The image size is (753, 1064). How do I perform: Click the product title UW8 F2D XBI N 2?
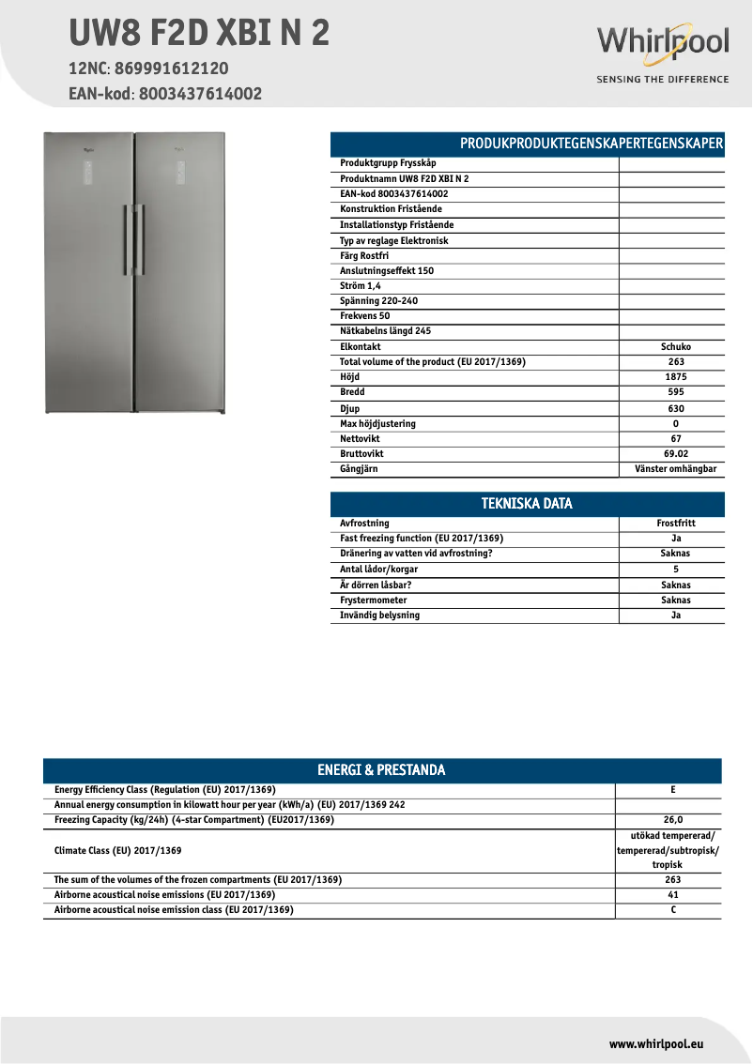(x=199, y=33)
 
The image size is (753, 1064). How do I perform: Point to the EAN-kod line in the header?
(x=165, y=94)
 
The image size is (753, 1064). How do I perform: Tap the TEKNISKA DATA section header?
(x=527, y=504)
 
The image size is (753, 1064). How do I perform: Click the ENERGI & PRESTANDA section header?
(x=381, y=770)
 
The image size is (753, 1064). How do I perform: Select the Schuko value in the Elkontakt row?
(x=675, y=347)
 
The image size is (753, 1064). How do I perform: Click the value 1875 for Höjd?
(x=675, y=377)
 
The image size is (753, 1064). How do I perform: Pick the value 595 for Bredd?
(x=675, y=392)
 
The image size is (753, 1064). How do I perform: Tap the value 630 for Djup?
(x=675, y=409)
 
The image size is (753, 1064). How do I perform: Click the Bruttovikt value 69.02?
(x=675, y=454)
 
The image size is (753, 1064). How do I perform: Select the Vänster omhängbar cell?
(x=675, y=469)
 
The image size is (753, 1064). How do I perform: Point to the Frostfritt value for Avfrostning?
(x=675, y=524)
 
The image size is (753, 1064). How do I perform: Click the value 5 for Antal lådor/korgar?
(x=675, y=570)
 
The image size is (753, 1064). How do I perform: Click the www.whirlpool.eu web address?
(x=656, y=1043)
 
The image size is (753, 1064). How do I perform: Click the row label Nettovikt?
(x=360, y=439)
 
